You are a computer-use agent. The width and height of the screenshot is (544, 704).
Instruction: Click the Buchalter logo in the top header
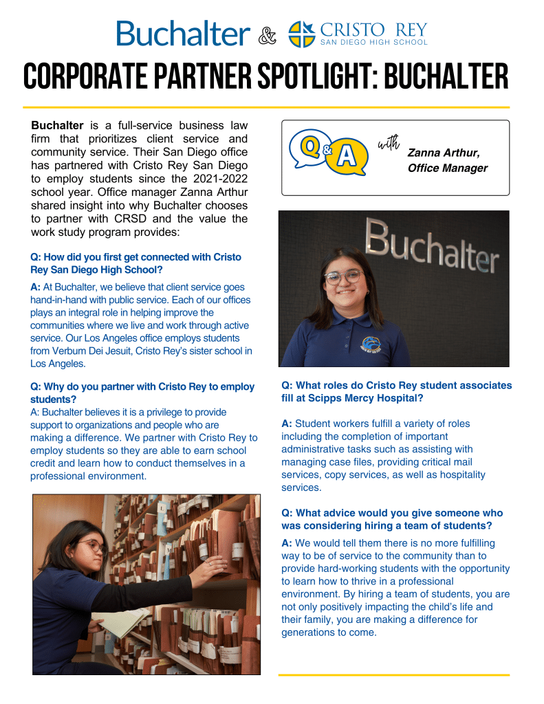tap(184, 33)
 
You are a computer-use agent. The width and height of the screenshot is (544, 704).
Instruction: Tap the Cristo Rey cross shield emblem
tap(301, 34)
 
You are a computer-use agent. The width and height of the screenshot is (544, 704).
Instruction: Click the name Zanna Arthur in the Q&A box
tap(444, 153)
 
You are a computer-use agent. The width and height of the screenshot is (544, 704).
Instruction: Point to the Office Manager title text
tap(448, 168)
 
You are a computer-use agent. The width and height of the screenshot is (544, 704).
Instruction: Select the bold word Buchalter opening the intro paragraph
tap(57, 126)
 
